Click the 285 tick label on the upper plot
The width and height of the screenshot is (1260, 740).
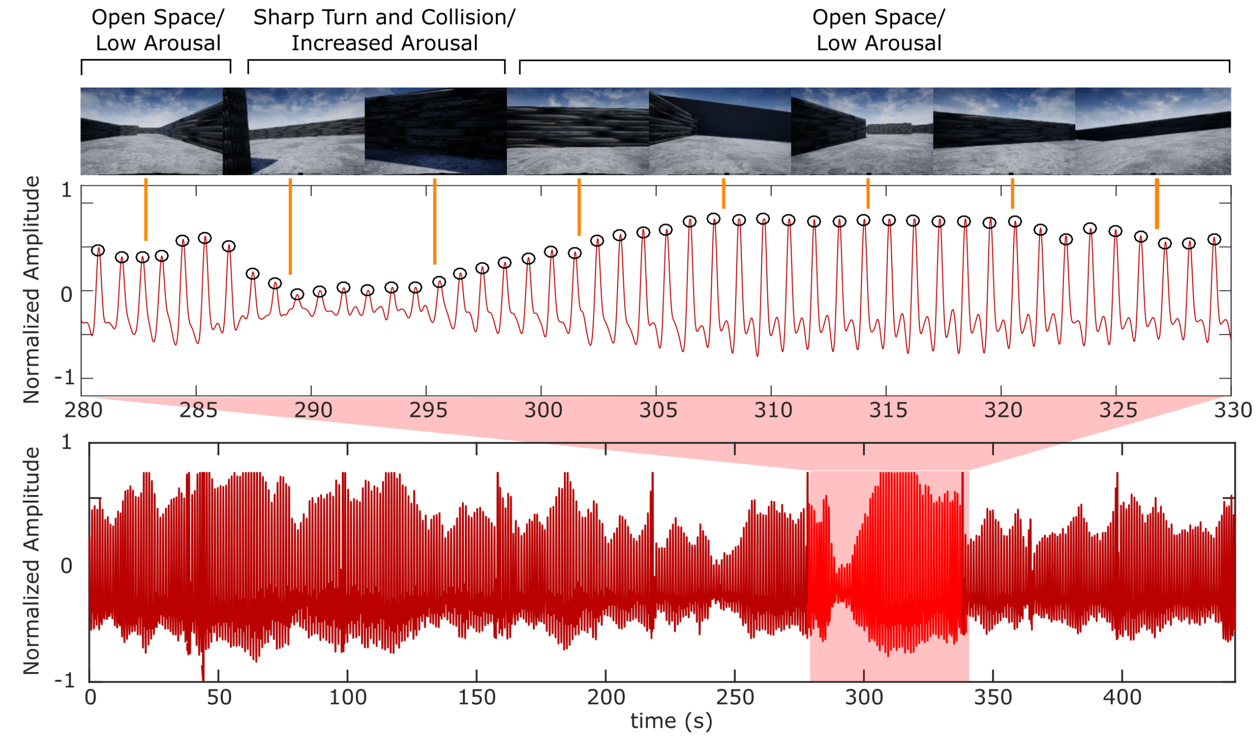click(198, 410)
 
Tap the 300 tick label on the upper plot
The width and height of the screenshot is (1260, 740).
click(544, 410)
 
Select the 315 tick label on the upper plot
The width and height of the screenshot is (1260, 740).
click(888, 410)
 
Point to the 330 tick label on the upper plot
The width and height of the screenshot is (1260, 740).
click(1233, 410)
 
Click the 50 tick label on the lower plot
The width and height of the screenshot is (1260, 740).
click(219, 697)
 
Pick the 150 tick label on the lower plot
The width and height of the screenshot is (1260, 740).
click(477, 697)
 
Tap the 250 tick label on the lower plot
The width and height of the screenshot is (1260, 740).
click(734, 697)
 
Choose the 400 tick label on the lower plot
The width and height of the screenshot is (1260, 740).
click(1122, 697)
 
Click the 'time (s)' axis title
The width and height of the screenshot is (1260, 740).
click(671, 722)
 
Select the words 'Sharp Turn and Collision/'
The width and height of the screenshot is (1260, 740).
click(384, 17)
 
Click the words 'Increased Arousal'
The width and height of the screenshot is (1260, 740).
click(384, 43)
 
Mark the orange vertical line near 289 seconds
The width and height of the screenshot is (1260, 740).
click(291, 226)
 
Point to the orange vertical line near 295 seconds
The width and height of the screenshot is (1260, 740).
click(434, 221)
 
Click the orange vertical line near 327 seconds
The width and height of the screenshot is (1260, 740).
click(1156, 203)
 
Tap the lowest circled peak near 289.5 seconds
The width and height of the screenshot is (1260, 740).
click(297, 294)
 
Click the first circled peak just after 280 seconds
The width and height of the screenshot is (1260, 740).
click(98, 250)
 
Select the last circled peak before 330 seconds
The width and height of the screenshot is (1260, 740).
click(1214, 239)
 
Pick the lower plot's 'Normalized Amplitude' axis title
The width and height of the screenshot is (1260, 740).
click(32, 561)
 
